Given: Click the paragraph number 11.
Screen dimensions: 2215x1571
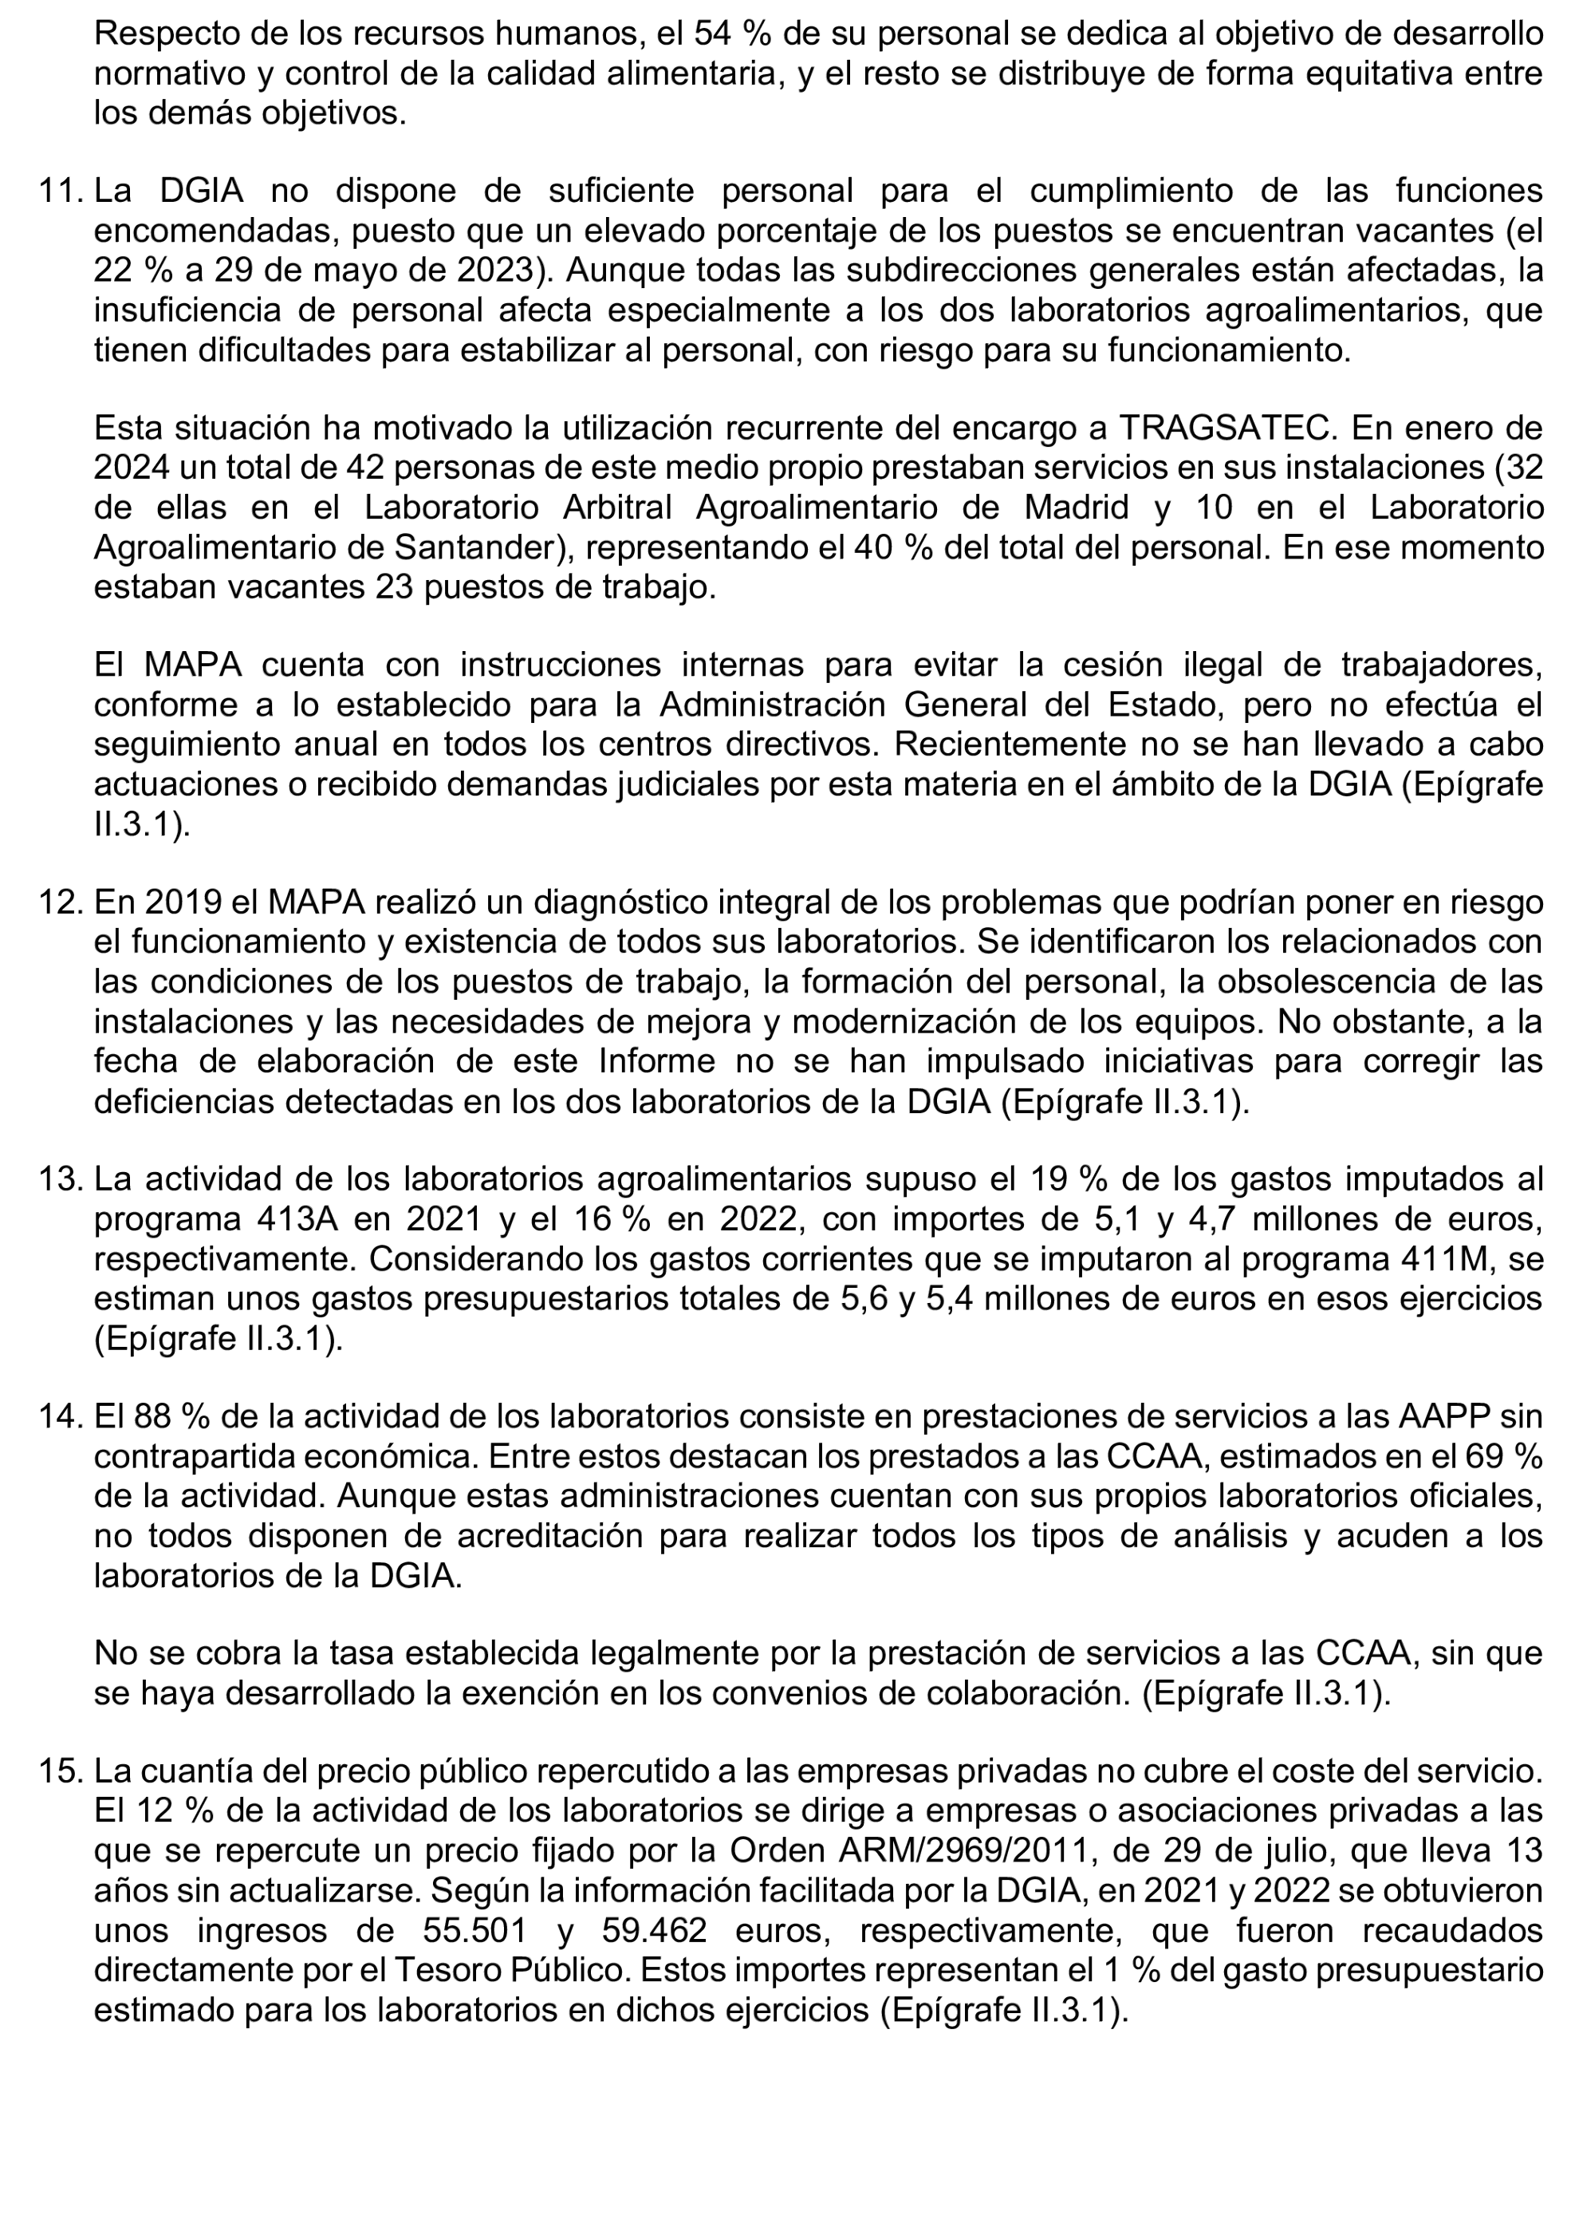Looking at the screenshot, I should pos(60,191).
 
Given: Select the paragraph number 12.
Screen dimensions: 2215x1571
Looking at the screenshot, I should pos(60,902).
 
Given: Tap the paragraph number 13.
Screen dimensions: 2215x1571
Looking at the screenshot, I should pos(60,1179).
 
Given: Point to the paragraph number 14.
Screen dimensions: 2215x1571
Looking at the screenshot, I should pos(60,1415).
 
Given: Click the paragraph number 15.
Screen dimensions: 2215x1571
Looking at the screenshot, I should pos(60,1771).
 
